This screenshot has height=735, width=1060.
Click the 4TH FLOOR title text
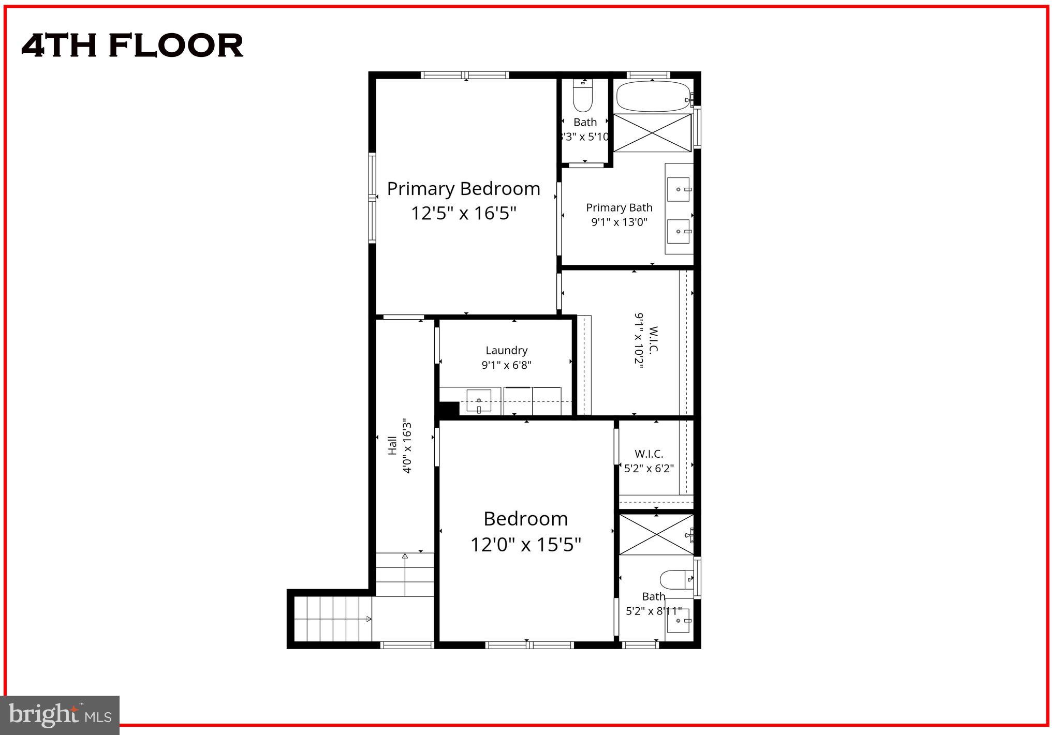[x=132, y=46]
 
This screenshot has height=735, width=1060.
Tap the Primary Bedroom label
[x=463, y=189]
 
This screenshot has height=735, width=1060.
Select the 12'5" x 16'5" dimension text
[x=463, y=213]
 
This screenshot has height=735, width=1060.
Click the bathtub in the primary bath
[x=652, y=96]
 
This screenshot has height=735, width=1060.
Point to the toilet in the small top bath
[x=583, y=98]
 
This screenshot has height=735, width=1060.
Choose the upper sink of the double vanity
[x=678, y=189]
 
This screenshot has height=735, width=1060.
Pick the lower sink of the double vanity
[x=678, y=231]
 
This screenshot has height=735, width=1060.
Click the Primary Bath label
[x=619, y=207]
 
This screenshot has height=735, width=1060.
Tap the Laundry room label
[x=506, y=350]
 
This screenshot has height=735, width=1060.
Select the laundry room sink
[x=479, y=401]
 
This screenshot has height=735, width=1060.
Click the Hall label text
[x=392, y=446]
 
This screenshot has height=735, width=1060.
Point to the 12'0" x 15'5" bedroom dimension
[x=525, y=545]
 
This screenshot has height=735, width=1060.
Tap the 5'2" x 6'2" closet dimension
[x=649, y=469]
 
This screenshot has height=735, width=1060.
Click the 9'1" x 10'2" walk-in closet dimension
[x=639, y=340]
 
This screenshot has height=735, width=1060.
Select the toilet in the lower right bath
[x=675, y=579]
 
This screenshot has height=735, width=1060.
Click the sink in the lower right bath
[x=678, y=621]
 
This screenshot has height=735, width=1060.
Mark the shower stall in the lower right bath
[x=656, y=535]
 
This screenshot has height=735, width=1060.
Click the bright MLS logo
[x=60, y=715]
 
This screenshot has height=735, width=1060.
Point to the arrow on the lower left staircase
[x=369, y=619]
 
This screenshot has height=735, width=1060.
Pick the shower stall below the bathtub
[x=652, y=133]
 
